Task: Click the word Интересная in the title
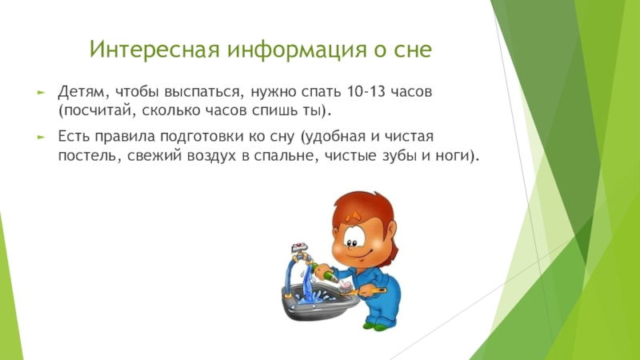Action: pos(156,49)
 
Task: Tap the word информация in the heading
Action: pos(298,50)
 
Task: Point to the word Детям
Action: pos(82,92)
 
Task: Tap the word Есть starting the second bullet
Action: pos(74,136)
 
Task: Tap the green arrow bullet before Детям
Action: pos(41,93)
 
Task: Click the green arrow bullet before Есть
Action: pos(41,137)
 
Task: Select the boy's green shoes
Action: pos(376,326)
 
